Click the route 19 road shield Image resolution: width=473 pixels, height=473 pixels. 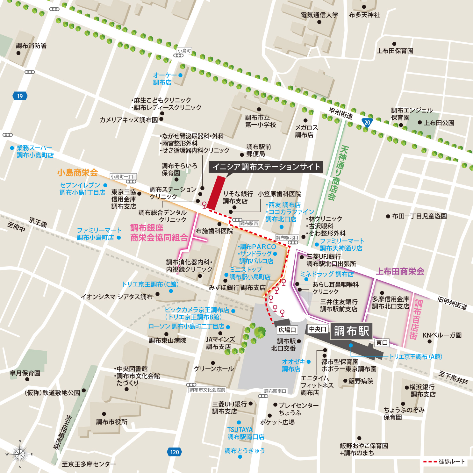20,96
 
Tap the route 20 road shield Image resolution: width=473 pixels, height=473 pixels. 367,122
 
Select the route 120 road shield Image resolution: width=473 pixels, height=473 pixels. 174,452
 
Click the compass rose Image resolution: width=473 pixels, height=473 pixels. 20,454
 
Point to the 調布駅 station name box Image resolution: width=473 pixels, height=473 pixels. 351,331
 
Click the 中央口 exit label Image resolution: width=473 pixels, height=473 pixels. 318,329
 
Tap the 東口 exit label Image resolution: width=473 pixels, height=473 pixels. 382,343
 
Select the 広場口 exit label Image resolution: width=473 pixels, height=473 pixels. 287,330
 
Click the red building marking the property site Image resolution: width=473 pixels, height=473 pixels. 216,193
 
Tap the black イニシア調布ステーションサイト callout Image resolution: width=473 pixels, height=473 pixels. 266,167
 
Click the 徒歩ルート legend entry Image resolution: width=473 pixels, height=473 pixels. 444,462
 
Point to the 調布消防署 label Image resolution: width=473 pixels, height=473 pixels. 31,46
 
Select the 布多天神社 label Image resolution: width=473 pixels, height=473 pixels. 364,15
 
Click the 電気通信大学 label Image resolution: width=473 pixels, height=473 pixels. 319,15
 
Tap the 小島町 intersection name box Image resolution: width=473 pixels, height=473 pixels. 184,51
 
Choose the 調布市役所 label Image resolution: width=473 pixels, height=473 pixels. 111,422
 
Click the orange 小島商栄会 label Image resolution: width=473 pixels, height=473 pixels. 77,173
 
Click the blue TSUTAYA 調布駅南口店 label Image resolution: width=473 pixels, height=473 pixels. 246,433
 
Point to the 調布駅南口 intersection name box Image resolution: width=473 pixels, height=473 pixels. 275,391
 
